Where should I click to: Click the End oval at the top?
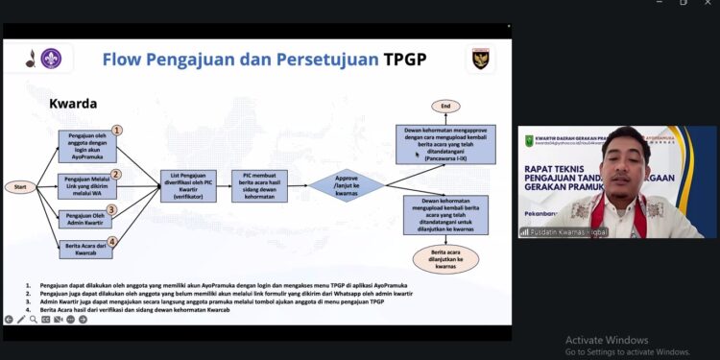click(x=444, y=106)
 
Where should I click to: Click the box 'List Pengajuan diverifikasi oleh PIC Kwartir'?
click(x=188, y=184)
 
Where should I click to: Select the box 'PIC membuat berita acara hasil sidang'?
click(x=259, y=184)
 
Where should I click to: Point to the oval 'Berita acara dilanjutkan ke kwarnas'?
click(x=444, y=259)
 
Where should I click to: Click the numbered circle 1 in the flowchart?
click(x=116, y=130)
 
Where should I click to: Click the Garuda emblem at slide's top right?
click(x=481, y=58)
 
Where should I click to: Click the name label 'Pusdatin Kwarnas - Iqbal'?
click(x=570, y=231)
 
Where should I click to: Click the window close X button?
click(x=707, y=3)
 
